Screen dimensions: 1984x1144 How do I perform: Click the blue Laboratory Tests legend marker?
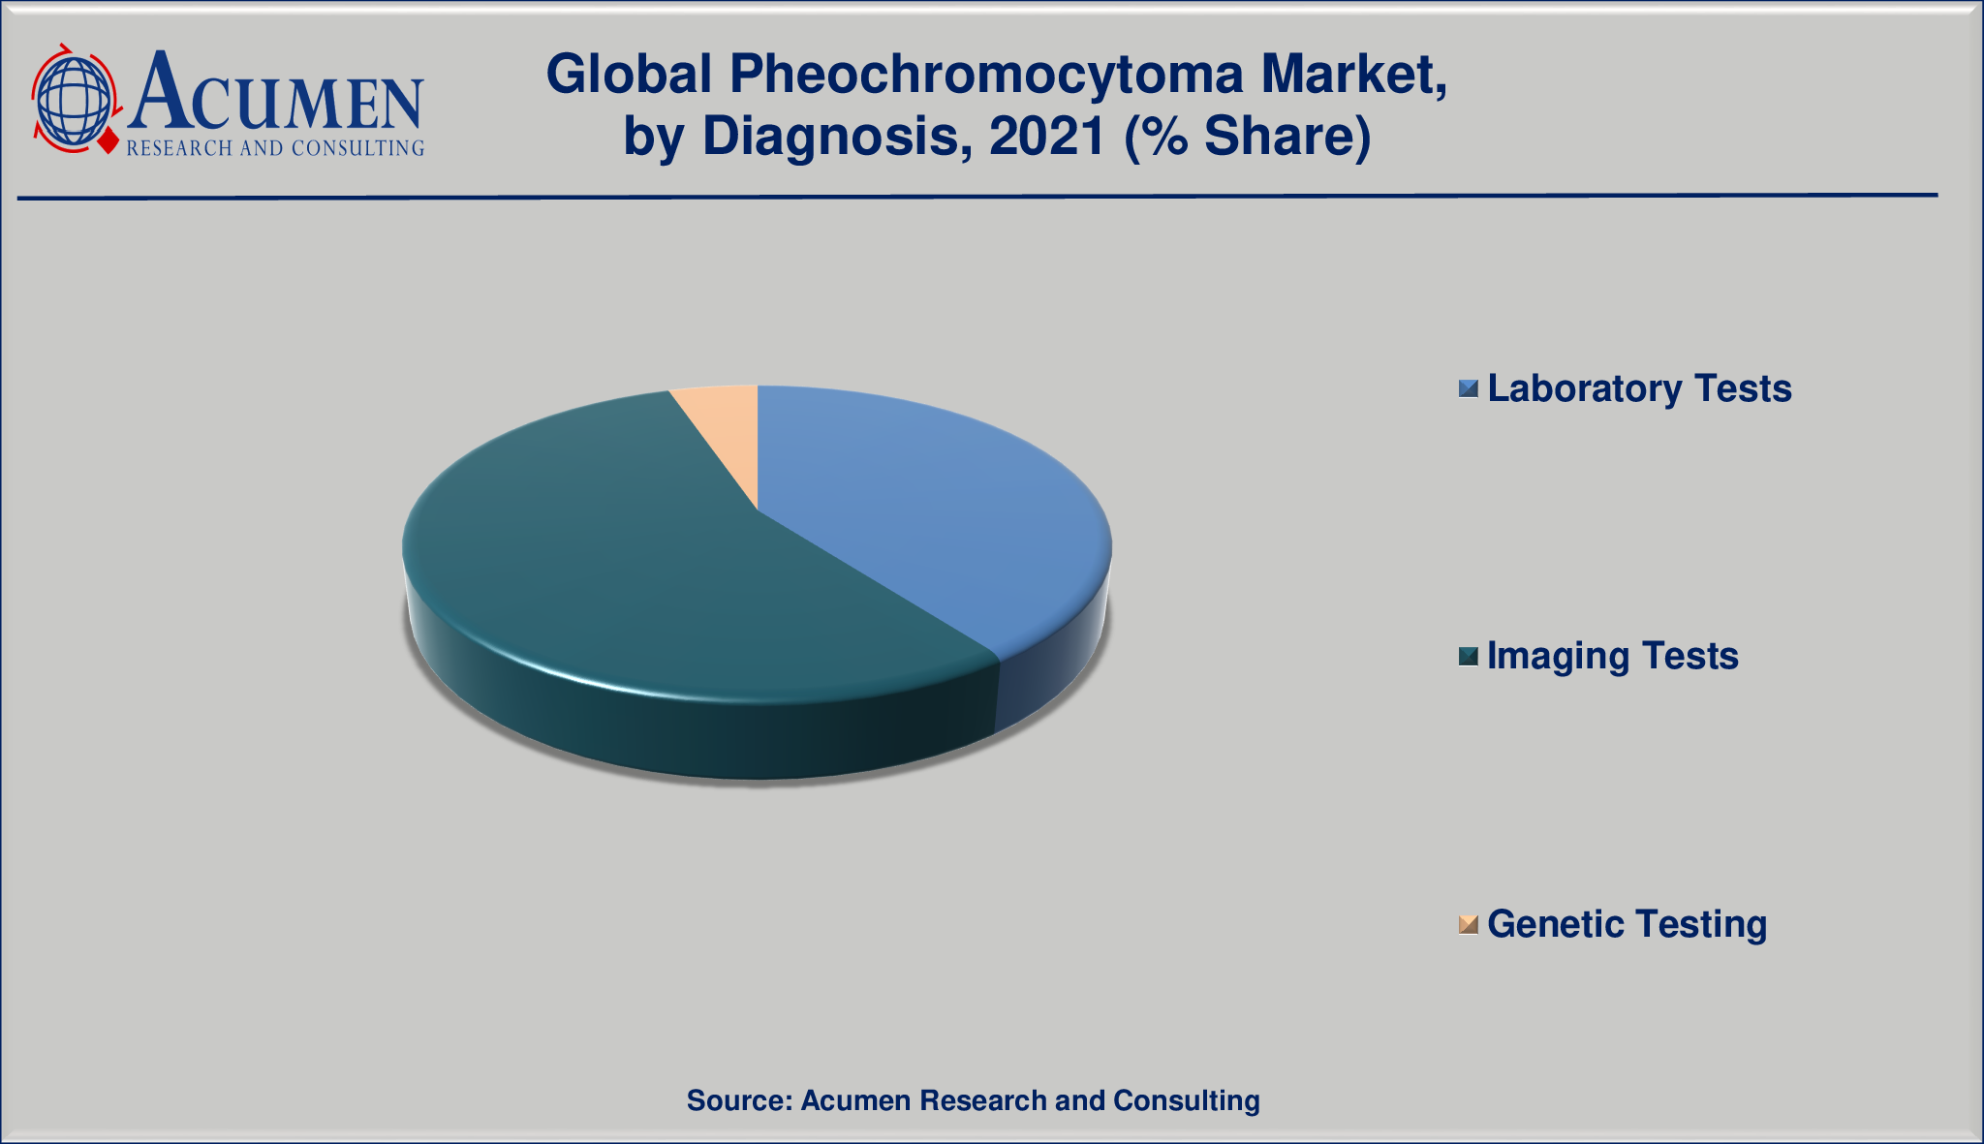tap(1468, 389)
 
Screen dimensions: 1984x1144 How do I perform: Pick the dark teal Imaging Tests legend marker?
tap(1468, 657)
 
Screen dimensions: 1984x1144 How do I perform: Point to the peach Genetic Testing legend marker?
tap(1468, 924)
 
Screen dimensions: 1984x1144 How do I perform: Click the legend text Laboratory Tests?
tap(1639, 388)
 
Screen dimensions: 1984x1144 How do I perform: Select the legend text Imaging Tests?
tap(1613, 656)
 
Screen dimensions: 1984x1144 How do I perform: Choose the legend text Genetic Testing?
tap(1627, 924)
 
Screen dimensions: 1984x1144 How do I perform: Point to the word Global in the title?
tap(630, 74)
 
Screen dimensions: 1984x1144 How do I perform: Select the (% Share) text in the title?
tap(1248, 137)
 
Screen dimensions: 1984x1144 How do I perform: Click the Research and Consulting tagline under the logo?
tap(275, 148)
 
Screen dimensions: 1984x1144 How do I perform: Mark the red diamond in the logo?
tap(108, 142)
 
